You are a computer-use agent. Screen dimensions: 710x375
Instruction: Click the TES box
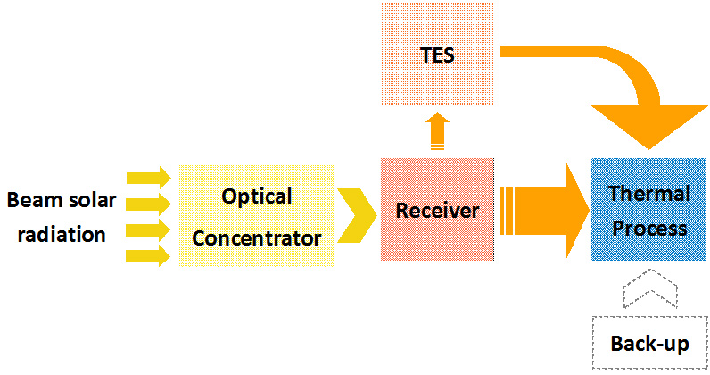pos(437,54)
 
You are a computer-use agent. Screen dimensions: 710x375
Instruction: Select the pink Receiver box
pos(437,209)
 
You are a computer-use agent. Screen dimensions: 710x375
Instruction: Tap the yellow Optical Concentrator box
pos(257,216)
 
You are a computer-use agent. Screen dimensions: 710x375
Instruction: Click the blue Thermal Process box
pos(648,209)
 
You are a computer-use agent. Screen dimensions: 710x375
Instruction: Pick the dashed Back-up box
pos(649,342)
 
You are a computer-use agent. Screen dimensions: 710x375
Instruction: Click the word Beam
pos(35,200)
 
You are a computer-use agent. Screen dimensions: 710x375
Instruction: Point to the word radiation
pos(62,235)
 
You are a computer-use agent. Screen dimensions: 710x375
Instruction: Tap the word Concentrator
pos(257,238)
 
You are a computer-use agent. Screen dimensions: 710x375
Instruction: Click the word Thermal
pos(649,194)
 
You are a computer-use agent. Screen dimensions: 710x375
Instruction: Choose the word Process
pos(649,228)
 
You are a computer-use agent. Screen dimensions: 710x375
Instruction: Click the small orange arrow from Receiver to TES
pos(437,131)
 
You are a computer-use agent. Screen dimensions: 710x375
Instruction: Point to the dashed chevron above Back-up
pos(650,288)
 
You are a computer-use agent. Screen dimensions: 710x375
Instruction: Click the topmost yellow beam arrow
pos(149,178)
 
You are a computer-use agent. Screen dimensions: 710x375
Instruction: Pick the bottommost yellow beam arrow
pos(148,256)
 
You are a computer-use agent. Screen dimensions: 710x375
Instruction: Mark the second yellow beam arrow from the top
pos(149,204)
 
